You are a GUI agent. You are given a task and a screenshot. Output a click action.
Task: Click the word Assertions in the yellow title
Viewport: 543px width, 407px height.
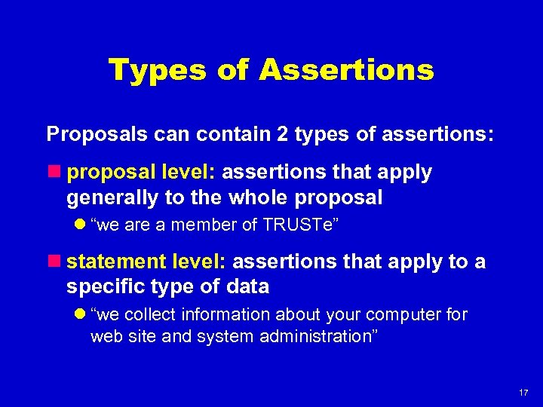(346, 70)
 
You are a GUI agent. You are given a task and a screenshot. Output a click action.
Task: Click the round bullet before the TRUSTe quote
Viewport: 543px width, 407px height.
(80, 225)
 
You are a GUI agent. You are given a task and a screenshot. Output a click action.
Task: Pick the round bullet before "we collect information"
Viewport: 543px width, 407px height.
(80, 314)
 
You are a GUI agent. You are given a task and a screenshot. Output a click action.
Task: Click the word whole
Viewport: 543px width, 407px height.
(285, 198)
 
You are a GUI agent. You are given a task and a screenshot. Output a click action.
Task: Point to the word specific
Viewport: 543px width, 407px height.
(101, 288)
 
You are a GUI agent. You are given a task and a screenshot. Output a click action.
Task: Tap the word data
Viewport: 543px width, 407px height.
(249, 288)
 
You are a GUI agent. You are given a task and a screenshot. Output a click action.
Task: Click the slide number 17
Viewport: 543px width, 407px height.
(523, 393)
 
